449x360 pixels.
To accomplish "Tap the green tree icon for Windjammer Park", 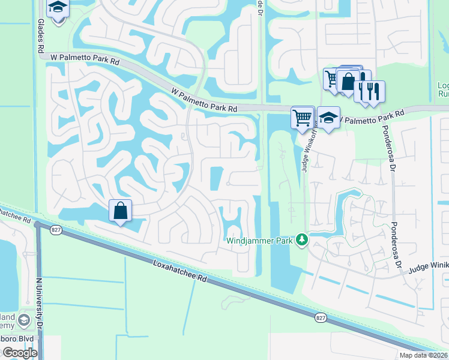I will pos(302,241).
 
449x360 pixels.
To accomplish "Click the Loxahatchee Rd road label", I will pos(179,272).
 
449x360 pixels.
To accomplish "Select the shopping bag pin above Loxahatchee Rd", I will pos(120,211).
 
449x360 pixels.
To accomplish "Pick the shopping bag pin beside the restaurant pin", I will pos(348,81).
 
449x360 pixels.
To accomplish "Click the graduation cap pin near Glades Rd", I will pos(58,8).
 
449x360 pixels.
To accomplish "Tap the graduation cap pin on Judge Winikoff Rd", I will pos(328,118).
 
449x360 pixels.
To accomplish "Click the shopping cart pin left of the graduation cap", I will pos(303,117).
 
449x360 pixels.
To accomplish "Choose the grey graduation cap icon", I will pos(24,319).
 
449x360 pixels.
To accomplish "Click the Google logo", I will pos(20,353).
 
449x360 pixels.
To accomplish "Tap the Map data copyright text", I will pos(423,355).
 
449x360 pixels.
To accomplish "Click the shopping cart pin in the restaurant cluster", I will pos(332,78).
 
